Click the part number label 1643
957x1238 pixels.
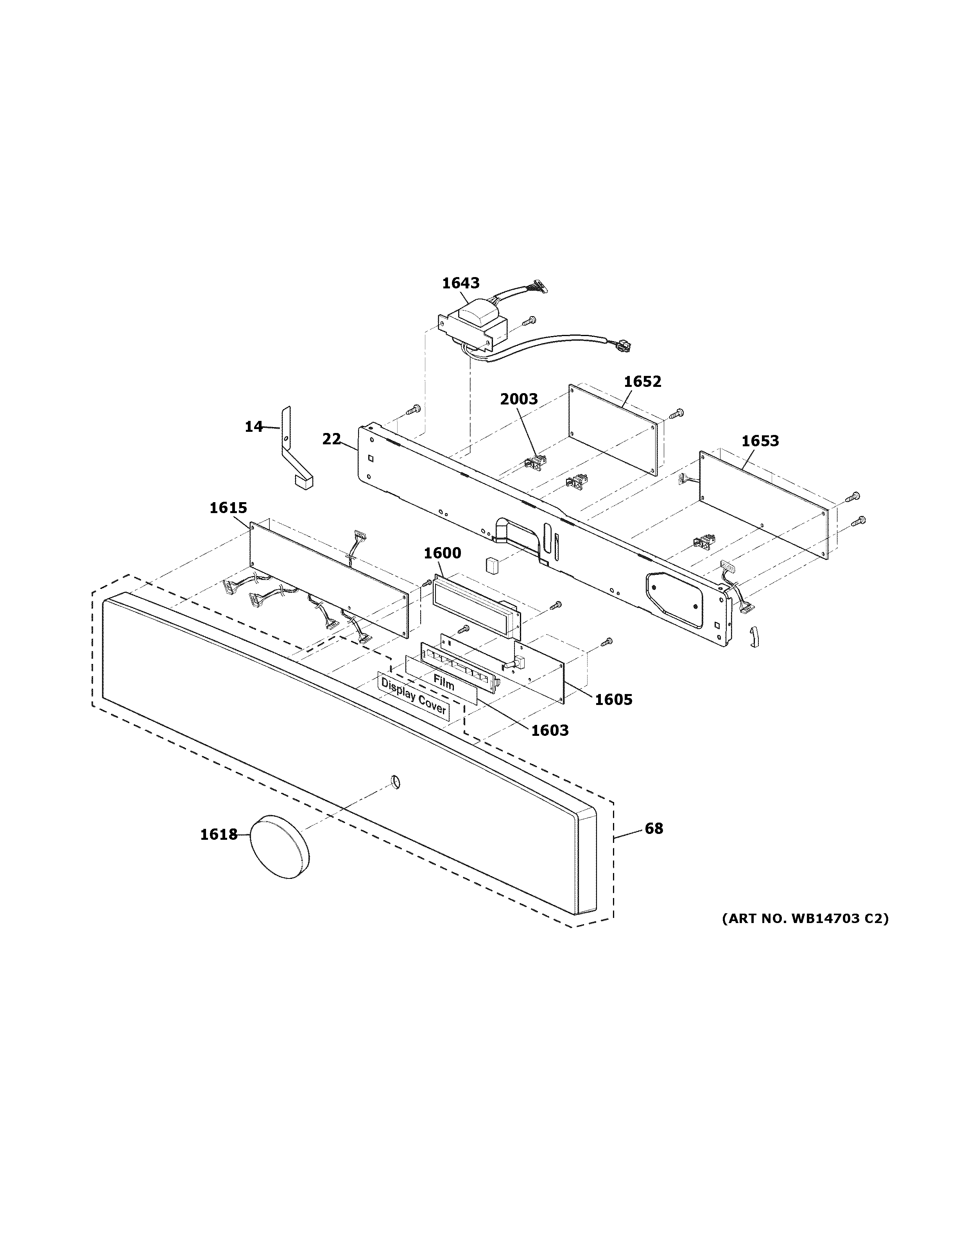pos(461,283)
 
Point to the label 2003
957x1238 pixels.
pos(518,399)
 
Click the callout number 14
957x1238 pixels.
pos(253,426)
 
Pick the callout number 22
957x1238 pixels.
pos(332,439)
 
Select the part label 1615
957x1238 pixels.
pos(228,508)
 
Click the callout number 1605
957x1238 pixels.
pos(613,700)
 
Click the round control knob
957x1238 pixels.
pos(280,847)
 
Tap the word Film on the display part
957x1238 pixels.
pos(443,683)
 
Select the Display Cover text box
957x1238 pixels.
pos(413,697)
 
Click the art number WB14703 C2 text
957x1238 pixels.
pos(805,918)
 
